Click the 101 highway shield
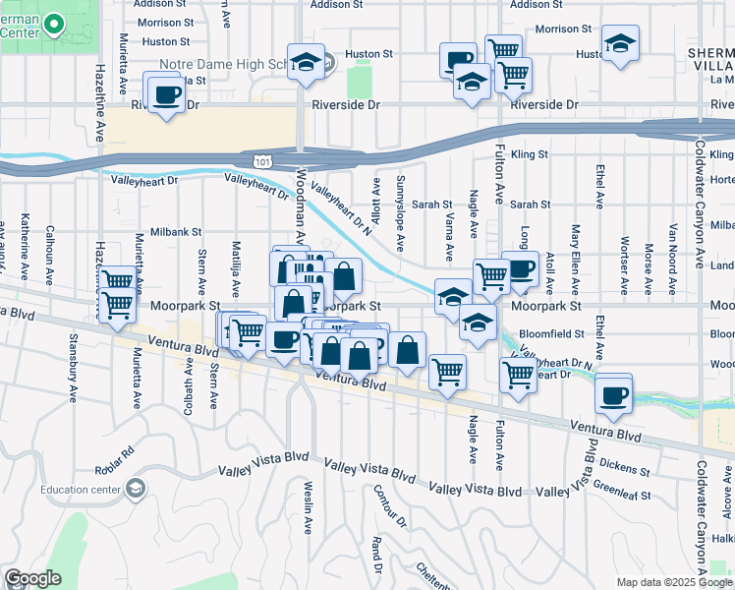tap(269, 159)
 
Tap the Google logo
tap(32, 578)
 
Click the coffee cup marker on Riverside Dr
tap(165, 94)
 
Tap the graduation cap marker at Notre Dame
tap(306, 61)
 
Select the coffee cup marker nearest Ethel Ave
tap(615, 394)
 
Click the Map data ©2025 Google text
tap(673, 581)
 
